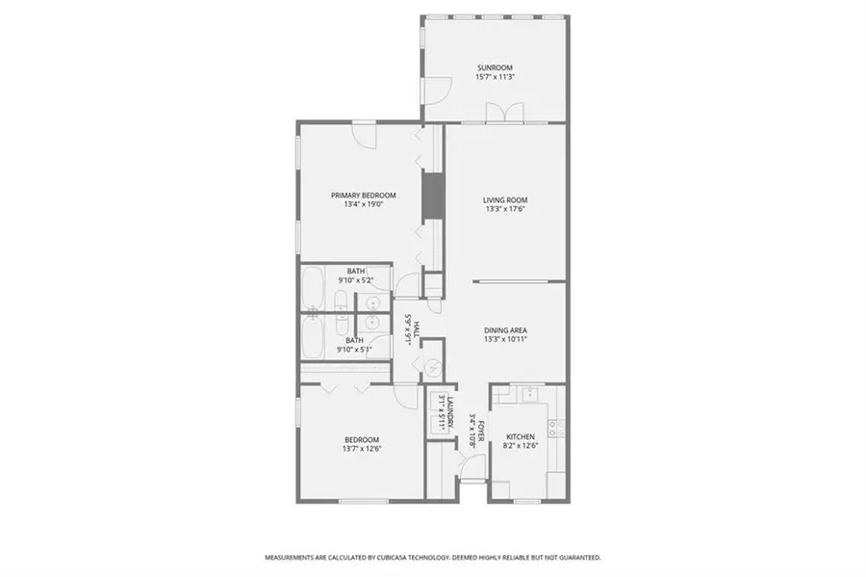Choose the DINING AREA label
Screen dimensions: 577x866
pyautogui.click(x=505, y=330)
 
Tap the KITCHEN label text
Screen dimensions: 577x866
pyautogui.click(x=520, y=436)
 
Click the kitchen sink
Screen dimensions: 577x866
pyautogui.click(x=528, y=394)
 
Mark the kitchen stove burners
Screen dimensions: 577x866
pyautogui.click(x=556, y=424)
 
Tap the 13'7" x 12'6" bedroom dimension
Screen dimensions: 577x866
pyautogui.click(x=360, y=448)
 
